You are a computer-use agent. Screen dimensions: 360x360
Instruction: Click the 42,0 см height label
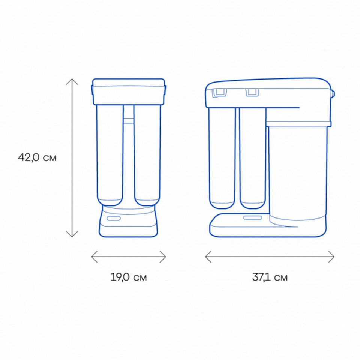[37, 157]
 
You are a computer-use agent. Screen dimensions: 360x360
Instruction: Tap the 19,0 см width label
[129, 277]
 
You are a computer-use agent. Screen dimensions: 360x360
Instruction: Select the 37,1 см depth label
[270, 277]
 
